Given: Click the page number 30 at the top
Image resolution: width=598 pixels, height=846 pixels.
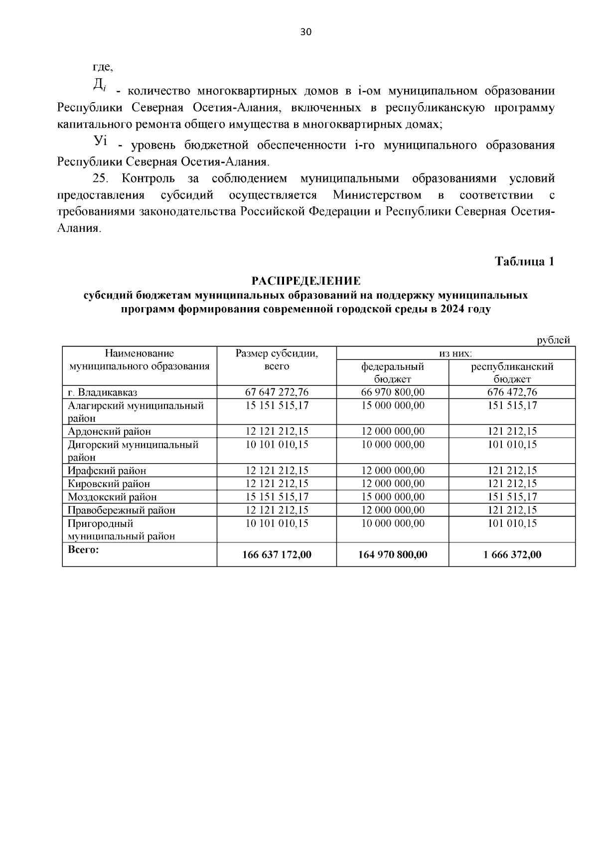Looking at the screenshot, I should click(x=305, y=32).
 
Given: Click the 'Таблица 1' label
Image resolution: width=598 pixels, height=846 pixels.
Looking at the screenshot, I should click(x=524, y=261).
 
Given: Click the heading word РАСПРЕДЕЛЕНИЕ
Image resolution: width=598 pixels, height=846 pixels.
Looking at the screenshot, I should click(x=305, y=281).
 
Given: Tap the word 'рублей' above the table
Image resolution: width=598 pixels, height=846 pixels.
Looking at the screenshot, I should click(x=553, y=340).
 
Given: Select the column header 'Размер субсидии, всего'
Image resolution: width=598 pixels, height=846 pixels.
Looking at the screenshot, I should click(x=277, y=359).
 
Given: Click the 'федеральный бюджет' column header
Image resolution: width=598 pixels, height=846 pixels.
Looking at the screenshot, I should click(x=392, y=372).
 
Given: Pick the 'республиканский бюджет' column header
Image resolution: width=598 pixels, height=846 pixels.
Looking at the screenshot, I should click(x=512, y=372).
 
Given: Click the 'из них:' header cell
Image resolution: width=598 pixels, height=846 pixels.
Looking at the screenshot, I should click(x=455, y=353).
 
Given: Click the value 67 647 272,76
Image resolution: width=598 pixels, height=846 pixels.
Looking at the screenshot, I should click(x=277, y=392).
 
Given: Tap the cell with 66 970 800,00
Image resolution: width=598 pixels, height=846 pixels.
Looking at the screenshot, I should click(x=392, y=392).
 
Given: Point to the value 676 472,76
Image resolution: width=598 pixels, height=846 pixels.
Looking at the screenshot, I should click(x=512, y=392).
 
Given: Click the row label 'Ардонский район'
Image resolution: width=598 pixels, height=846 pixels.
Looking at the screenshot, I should click(x=109, y=431).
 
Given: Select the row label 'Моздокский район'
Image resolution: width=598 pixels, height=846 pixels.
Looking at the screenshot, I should click(x=112, y=497).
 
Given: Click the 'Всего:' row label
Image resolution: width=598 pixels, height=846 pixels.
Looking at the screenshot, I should click(x=83, y=549).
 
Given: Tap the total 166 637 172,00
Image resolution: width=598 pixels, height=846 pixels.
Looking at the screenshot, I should click(x=277, y=555).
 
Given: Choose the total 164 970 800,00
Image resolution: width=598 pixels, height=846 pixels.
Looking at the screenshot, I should click(x=392, y=555).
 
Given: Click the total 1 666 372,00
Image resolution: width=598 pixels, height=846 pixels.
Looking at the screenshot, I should click(x=512, y=555).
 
